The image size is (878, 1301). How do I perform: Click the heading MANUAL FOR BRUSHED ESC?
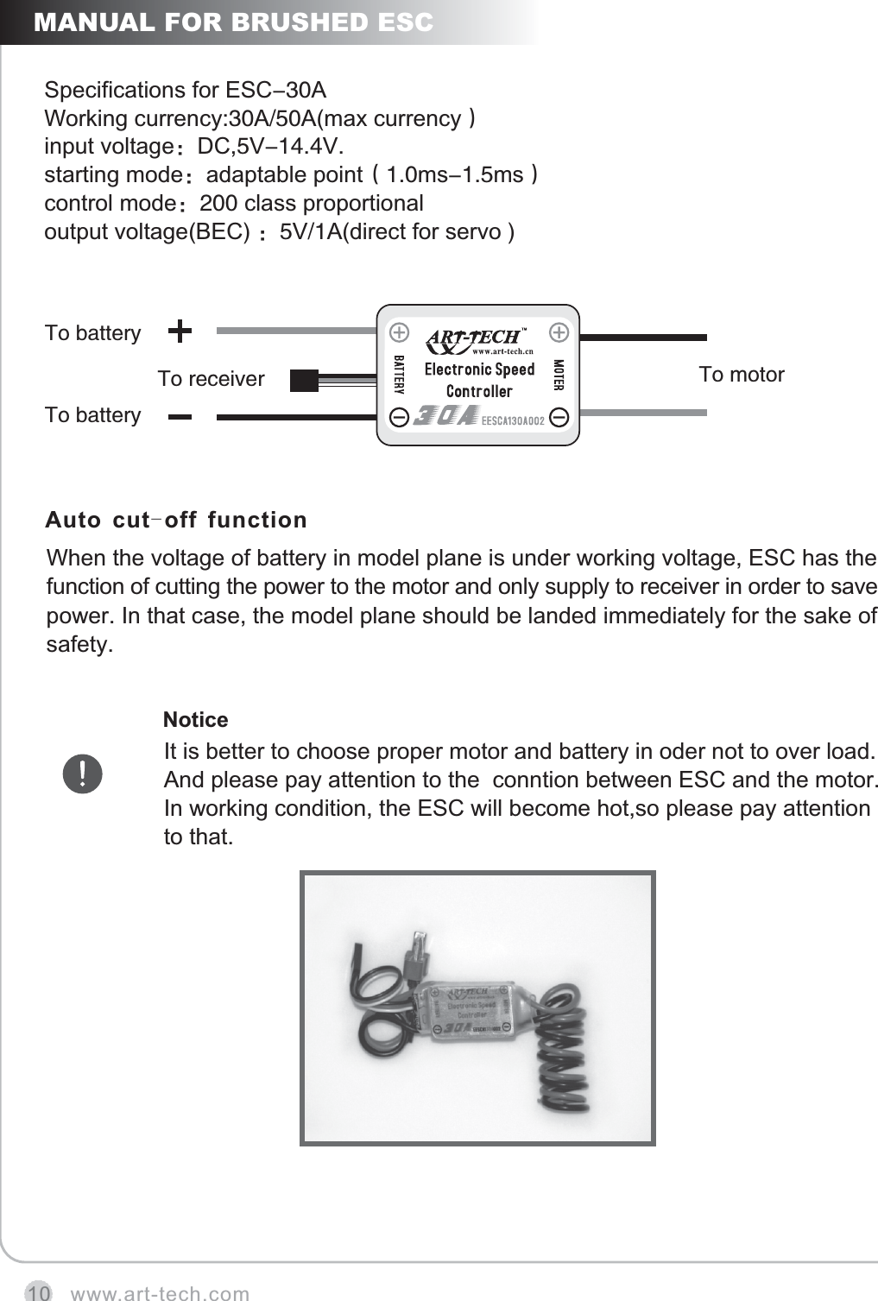(233, 22)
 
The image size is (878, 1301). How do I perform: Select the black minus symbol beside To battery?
(180, 416)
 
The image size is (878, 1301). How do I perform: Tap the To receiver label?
(211, 379)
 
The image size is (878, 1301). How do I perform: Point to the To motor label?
(741, 375)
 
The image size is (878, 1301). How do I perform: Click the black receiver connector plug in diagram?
(304, 380)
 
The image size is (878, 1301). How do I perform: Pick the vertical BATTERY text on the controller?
(399, 374)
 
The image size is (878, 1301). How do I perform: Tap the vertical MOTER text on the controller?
(558, 375)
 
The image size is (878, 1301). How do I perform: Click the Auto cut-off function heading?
(176, 520)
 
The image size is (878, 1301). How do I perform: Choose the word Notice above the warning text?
(195, 720)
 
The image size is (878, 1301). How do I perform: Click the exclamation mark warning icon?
(82, 774)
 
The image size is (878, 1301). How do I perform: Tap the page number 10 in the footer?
(37, 1292)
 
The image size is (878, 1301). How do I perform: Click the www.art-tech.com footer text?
(160, 1293)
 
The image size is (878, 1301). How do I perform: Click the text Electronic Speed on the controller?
(479, 369)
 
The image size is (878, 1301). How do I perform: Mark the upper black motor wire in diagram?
(643, 338)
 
